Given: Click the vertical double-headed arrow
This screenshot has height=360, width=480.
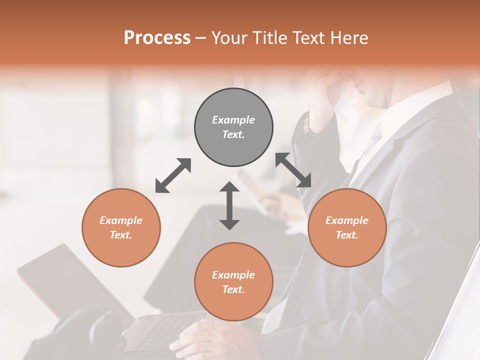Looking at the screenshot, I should click(x=229, y=205).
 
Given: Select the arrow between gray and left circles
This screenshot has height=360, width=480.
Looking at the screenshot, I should click(x=173, y=175).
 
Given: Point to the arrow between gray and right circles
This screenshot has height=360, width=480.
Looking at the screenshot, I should click(x=293, y=170).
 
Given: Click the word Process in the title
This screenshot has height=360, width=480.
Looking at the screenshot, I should click(x=157, y=37).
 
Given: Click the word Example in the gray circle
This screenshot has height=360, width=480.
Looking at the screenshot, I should click(x=233, y=120).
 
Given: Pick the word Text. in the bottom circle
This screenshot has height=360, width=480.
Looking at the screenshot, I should click(x=233, y=289).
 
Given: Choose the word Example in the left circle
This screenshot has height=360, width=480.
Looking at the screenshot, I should click(x=121, y=220).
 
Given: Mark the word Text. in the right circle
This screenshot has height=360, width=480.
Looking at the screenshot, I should click(x=347, y=235).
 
